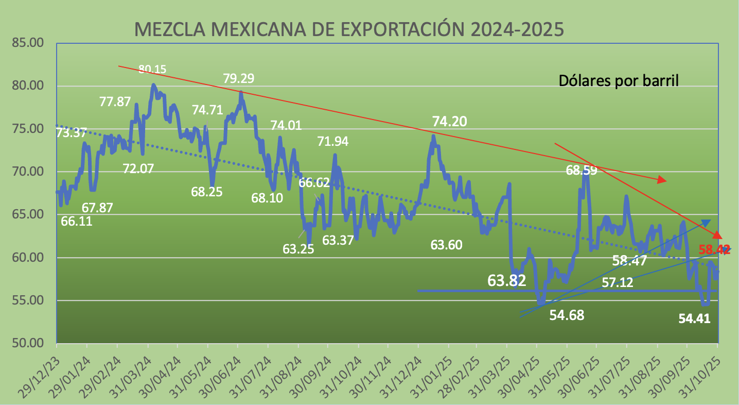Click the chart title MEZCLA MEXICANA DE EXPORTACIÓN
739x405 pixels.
(x=349, y=29)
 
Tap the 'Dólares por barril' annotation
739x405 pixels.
(x=619, y=81)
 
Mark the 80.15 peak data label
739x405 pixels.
(x=152, y=69)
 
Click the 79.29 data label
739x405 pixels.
(x=238, y=79)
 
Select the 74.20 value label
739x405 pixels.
(x=449, y=122)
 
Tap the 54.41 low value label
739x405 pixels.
(x=694, y=319)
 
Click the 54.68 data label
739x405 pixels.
(x=567, y=315)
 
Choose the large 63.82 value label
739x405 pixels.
(x=507, y=281)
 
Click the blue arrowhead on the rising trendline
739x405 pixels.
(x=705, y=223)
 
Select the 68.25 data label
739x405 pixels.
(x=206, y=192)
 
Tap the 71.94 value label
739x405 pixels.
(x=333, y=141)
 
